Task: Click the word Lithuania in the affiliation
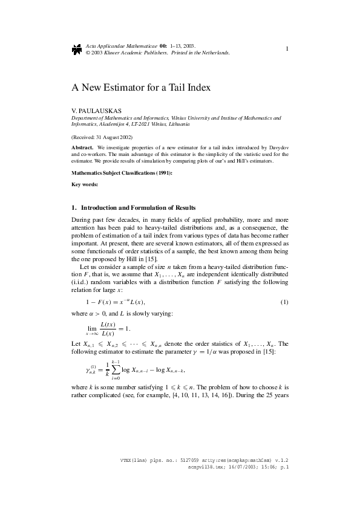pyautogui.click(x=175, y=125)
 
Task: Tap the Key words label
pyautogui.click(x=84, y=184)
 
